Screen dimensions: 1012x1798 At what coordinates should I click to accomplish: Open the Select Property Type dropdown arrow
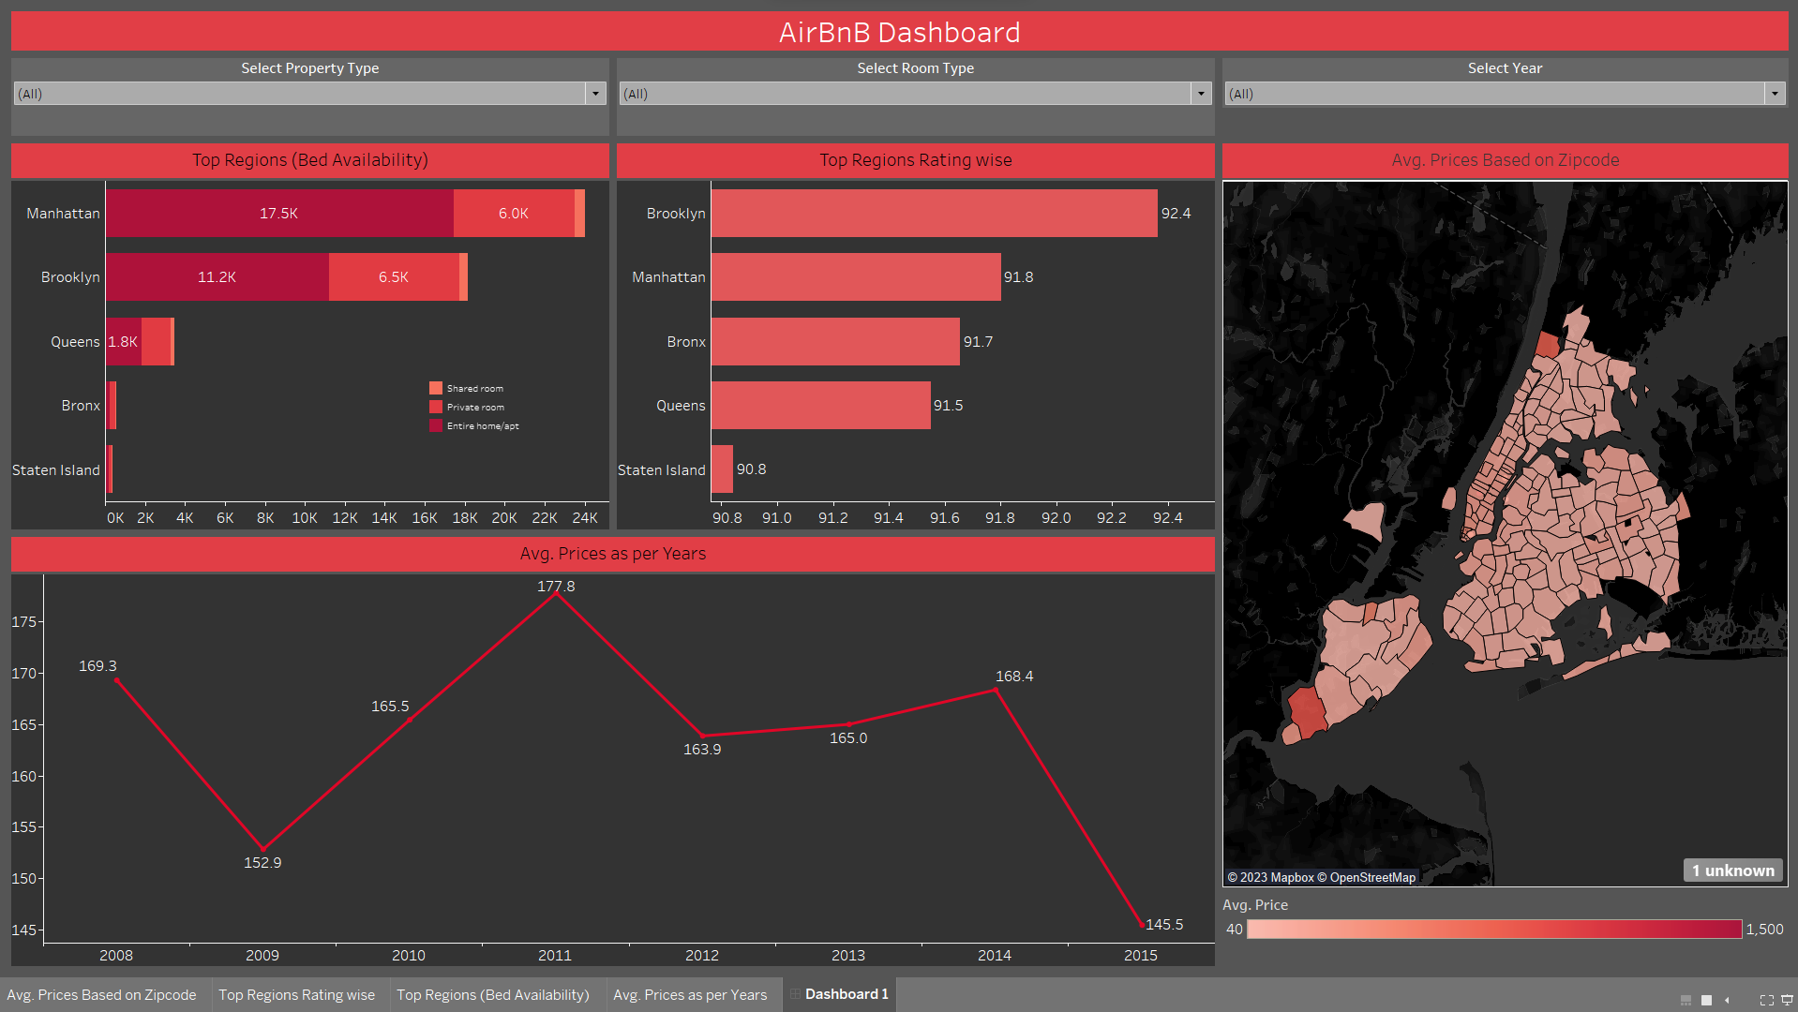coord(595,94)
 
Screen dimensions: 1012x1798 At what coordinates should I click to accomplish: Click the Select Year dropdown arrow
coord(1774,94)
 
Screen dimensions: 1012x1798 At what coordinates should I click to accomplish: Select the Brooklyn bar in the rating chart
coord(934,214)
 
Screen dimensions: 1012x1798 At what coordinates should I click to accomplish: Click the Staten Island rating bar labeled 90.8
coord(722,469)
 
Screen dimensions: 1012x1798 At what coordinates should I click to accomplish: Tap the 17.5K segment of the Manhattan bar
coord(279,214)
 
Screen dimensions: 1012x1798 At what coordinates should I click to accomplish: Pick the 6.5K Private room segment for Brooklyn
coord(394,277)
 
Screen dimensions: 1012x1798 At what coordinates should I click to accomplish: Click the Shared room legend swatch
coord(436,388)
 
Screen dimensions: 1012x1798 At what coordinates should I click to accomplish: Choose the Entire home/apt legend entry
coord(482,426)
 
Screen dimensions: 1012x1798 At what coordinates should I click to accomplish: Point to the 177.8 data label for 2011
coord(556,587)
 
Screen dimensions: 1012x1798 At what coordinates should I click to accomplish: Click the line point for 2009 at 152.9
coord(263,849)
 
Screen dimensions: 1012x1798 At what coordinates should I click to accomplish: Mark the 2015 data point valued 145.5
coord(1142,925)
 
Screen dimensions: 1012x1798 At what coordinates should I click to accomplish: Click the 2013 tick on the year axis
coord(848,956)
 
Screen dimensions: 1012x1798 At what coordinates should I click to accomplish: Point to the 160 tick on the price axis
coord(23,777)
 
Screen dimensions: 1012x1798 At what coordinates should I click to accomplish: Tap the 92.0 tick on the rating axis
coord(1056,518)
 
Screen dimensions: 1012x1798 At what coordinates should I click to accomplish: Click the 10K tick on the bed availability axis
coord(305,518)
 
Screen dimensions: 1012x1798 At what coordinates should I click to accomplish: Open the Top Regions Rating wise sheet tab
coord(296,995)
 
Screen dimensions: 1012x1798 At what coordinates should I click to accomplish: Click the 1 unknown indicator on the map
coord(1733,871)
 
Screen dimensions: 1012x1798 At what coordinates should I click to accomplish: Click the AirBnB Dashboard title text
coord(899,33)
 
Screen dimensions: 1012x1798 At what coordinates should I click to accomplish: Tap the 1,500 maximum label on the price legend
coord(1764,930)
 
